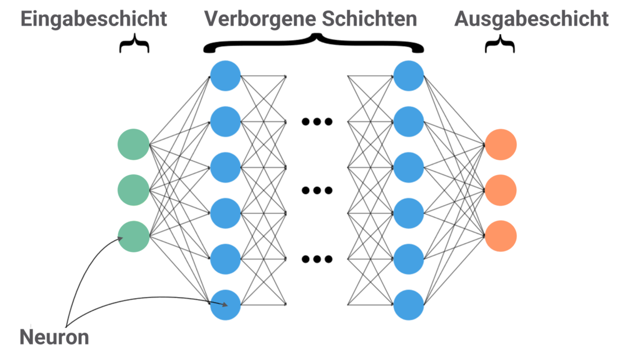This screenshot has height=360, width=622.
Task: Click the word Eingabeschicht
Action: coord(93,19)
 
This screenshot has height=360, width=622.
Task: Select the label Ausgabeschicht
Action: coord(531,19)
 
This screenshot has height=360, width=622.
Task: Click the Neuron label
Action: coord(54,338)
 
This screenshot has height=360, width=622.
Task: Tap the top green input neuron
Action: coord(134,144)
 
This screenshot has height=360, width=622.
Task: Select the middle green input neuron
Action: coord(134,190)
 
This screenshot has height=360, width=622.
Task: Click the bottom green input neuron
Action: coord(134,237)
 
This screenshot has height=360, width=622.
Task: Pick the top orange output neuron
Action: coord(501,144)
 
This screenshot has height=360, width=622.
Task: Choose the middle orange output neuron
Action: coord(501,190)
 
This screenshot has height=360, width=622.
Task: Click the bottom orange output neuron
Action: coord(501,237)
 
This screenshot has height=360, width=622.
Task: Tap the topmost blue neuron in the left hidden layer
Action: coord(225,76)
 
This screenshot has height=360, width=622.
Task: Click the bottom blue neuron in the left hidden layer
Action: coord(225,304)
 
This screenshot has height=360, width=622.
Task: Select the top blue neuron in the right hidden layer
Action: coord(408,76)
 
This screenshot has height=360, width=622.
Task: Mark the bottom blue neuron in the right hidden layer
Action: coord(408,304)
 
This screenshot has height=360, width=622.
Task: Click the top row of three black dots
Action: coord(317,122)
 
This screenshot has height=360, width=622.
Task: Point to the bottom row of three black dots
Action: coord(317,259)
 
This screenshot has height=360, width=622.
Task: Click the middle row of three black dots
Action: coord(317,190)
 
